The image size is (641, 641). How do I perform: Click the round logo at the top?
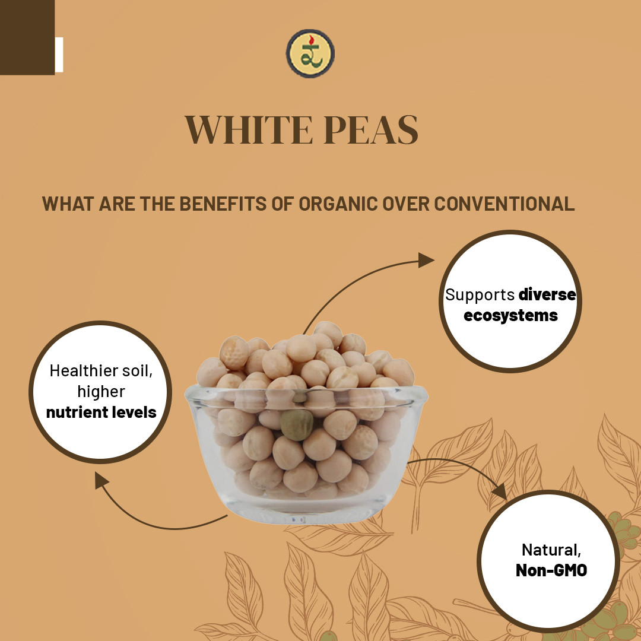(310, 54)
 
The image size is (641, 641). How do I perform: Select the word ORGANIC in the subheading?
(337, 204)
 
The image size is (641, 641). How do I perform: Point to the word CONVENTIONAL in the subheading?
(504, 204)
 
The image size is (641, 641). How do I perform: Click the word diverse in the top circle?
(547, 294)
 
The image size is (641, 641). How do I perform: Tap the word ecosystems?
(510, 315)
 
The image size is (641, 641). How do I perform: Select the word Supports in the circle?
(480, 294)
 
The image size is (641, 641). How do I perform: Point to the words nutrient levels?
(101, 411)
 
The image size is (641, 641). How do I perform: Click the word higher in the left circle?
(101, 391)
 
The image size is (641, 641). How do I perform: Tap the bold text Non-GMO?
(551, 570)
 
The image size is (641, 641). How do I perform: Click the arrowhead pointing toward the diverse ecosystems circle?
(426, 260)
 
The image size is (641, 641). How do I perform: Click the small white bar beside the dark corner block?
(59, 55)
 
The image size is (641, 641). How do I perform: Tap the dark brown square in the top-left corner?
(27, 37)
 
